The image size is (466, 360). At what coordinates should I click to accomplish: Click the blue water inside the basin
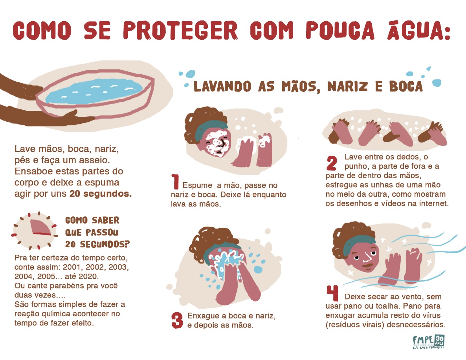point(94,91)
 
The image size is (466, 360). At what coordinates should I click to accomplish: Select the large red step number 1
point(175,181)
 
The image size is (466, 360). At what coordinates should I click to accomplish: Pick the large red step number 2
point(332,163)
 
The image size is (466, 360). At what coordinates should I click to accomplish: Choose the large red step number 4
point(332,293)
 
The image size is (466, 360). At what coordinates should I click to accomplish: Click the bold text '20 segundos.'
point(100,194)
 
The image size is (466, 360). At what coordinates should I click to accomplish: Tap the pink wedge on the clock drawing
point(40,227)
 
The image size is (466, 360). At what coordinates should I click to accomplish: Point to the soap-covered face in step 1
point(216,143)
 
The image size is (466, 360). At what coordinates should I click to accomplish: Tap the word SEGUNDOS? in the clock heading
point(105,244)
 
